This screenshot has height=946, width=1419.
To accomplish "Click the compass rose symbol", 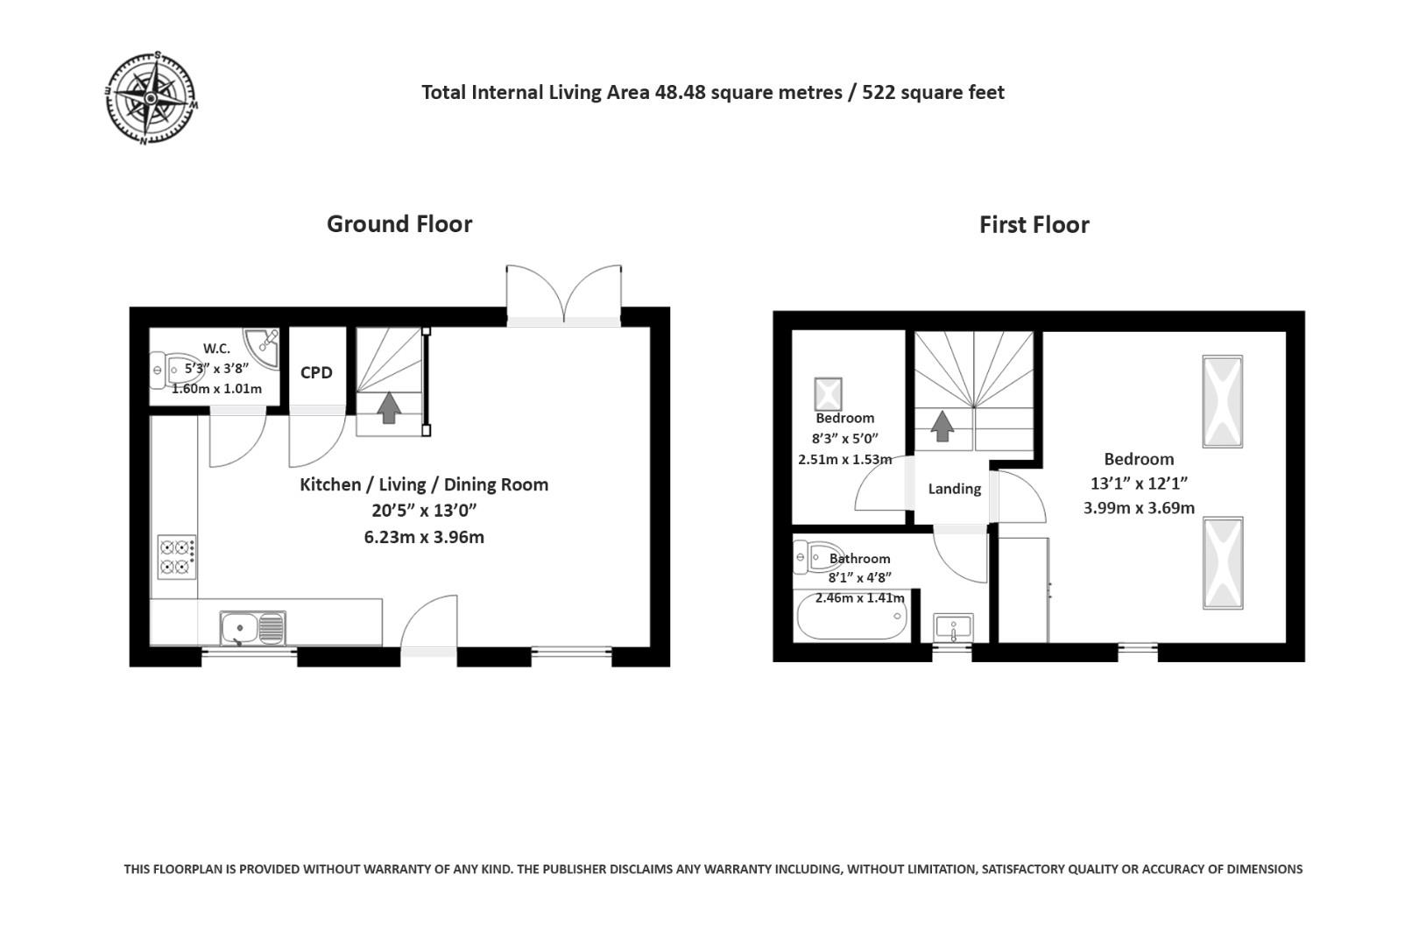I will pos(151,98).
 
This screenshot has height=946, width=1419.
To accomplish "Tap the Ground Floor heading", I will pos(399,224).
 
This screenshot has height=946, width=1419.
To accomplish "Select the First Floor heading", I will pos(1034,225).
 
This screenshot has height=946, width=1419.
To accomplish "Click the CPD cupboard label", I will pos(316,372).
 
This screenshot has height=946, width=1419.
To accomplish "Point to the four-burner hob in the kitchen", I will pos(177,557).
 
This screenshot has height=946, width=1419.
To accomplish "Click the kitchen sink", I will pos(252,628).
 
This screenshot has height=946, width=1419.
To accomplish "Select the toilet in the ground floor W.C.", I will pos(172,370).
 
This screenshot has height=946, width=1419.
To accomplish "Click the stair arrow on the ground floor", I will pos(389,407).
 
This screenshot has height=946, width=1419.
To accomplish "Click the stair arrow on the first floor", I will pos(942,426).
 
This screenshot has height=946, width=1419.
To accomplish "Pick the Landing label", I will pos(954,489).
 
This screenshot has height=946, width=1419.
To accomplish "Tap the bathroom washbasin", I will pos(953,628).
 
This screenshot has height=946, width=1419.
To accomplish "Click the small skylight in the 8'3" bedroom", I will pos(828,393).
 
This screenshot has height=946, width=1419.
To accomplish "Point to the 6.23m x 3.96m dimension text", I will pos(424,537).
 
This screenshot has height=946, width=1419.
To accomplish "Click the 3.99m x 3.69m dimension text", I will pos(1139,507).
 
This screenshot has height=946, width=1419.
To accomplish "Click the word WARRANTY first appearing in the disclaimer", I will pos(379,869).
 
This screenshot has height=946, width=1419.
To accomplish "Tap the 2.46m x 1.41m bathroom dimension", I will pos(859,598).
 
